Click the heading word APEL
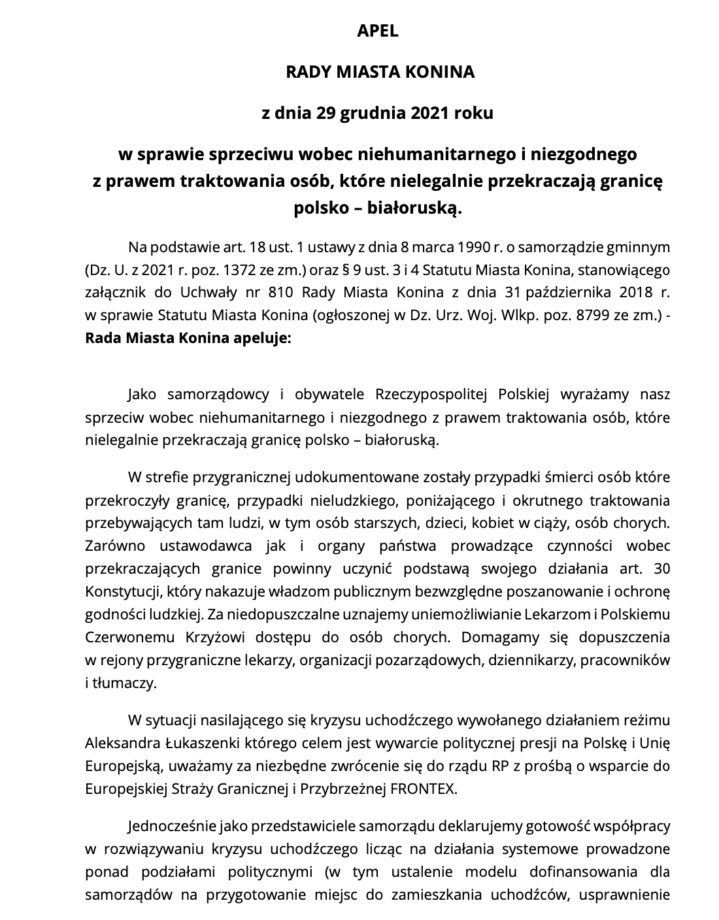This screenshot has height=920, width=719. (x=377, y=31)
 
